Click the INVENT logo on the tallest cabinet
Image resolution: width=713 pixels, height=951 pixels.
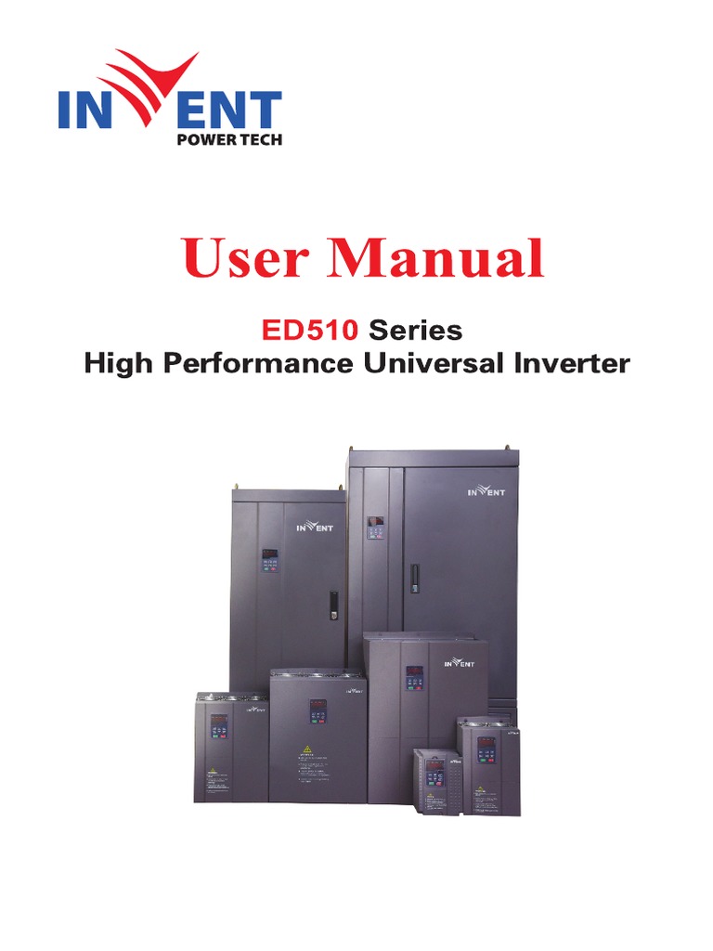tap(486, 492)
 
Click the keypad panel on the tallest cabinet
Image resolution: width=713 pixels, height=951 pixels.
tap(377, 529)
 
